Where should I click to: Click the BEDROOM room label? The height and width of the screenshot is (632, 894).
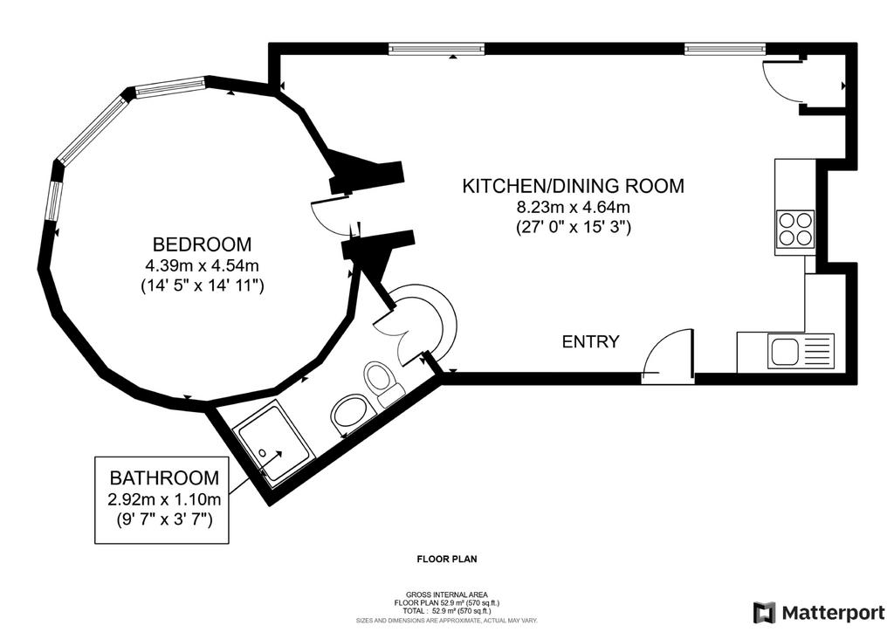(x=202, y=244)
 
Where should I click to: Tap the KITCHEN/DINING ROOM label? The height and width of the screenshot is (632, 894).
(x=573, y=186)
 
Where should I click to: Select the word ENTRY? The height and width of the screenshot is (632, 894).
(x=591, y=342)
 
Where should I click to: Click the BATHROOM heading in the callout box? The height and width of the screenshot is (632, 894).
(x=164, y=477)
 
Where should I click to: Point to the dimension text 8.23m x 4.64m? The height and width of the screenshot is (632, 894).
(x=573, y=207)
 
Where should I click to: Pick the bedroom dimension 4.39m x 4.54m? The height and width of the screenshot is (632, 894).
(x=203, y=265)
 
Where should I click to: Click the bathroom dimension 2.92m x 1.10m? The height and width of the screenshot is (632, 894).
(x=164, y=500)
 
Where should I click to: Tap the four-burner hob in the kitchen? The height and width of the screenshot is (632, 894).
(x=795, y=228)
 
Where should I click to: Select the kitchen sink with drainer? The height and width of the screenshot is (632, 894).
(x=802, y=350)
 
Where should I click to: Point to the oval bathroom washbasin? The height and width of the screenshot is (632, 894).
(x=349, y=412)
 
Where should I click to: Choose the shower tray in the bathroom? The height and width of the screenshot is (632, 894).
(x=276, y=440)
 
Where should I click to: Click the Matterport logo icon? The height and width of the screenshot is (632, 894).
(x=764, y=613)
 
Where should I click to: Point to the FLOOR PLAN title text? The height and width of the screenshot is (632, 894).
(x=447, y=559)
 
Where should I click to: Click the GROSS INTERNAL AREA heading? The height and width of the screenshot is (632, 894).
(x=447, y=594)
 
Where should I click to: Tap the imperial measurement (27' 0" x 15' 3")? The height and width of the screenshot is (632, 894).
(x=573, y=227)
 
